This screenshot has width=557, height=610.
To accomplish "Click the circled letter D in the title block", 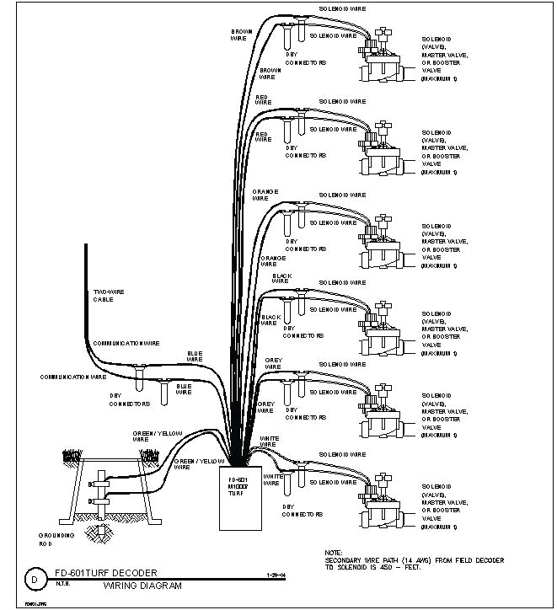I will click(x=34, y=580).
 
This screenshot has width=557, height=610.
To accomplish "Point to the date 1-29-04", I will click(x=265, y=576).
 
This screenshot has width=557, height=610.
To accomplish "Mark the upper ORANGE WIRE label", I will click(x=265, y=195).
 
